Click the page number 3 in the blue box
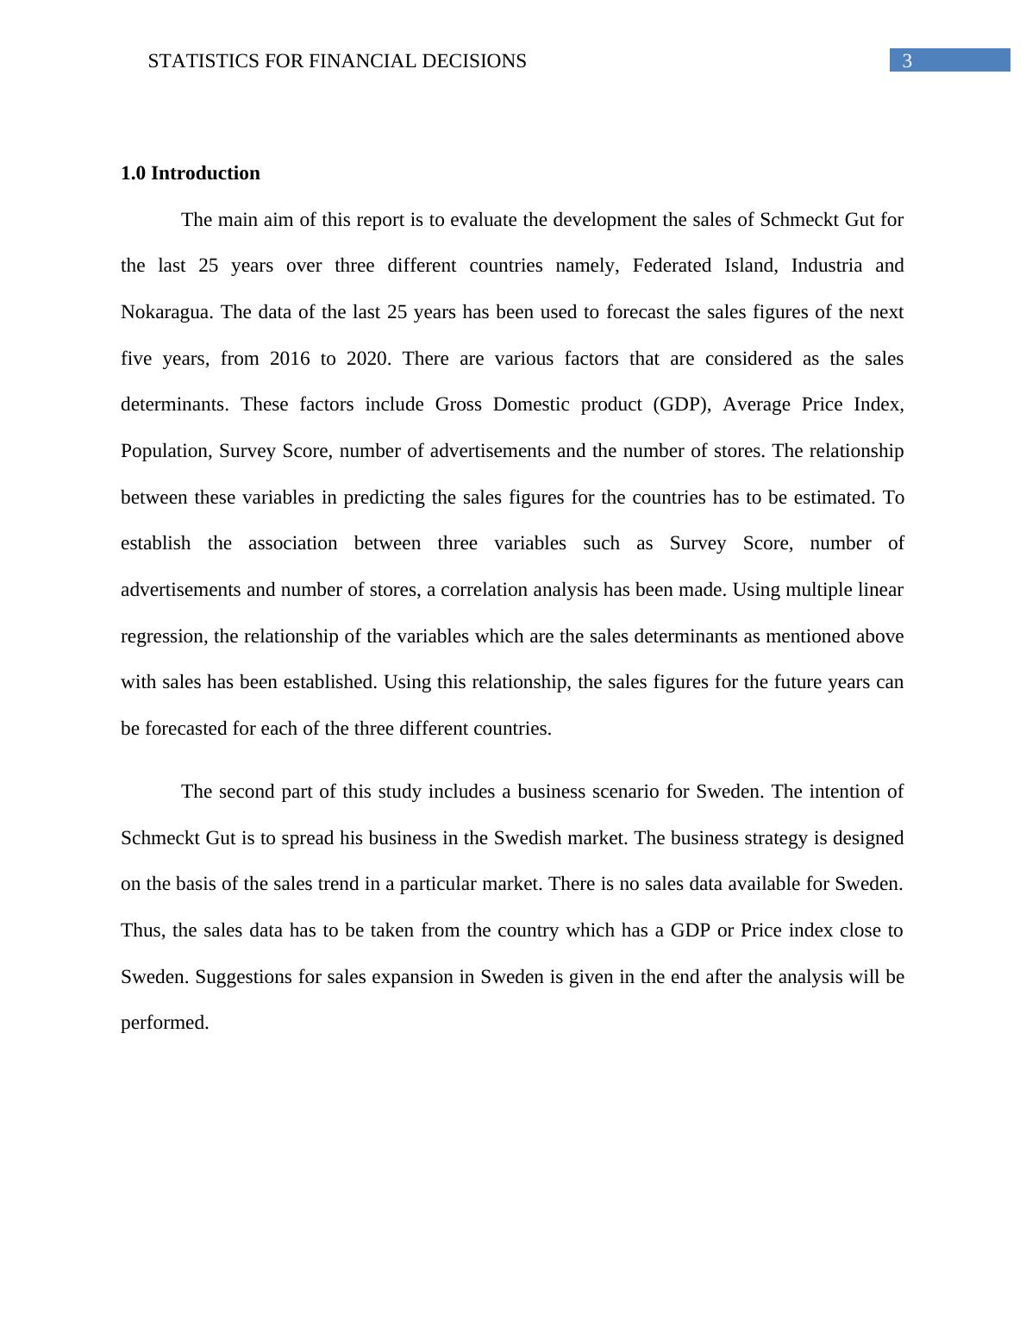[907, 61]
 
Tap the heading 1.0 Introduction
[191, 173]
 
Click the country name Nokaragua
[166, 312]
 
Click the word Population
[164, 451]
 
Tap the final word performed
[165, 1023]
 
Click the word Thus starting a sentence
[143, 930]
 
